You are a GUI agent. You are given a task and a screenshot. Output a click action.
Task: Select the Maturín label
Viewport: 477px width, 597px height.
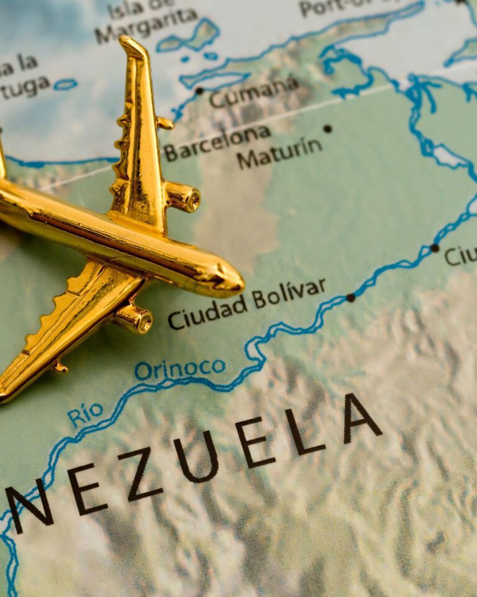pos(279,154)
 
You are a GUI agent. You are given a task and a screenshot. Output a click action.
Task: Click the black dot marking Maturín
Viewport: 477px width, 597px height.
pos(327,129)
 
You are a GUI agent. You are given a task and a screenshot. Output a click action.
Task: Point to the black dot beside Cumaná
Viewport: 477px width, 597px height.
pos(199,91)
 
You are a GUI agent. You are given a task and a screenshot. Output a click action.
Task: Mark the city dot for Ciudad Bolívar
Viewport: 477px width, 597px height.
pos(351,297)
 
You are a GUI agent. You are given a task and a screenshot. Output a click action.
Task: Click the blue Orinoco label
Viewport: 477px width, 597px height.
pos(179,368)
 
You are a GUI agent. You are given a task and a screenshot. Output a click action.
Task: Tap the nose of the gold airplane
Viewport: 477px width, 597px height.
pos(238,282)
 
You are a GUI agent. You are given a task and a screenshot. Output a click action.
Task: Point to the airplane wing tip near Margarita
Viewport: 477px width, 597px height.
pos(131,44)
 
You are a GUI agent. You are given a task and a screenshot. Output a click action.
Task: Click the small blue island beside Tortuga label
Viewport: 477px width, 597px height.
pos(65,84)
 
